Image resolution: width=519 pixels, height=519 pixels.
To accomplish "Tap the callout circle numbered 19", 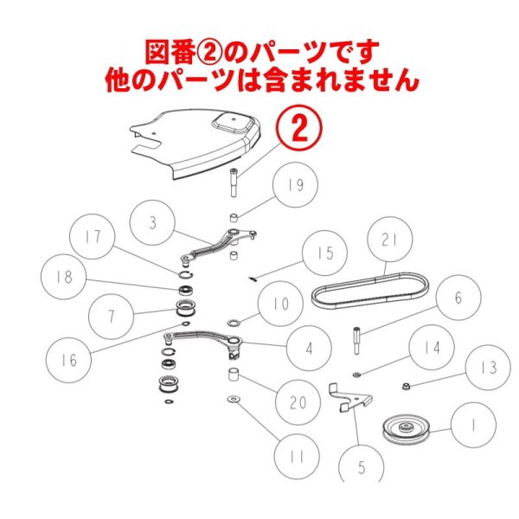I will (x=296, y=186).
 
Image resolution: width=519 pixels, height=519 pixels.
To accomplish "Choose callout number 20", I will (x=298, y=402).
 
